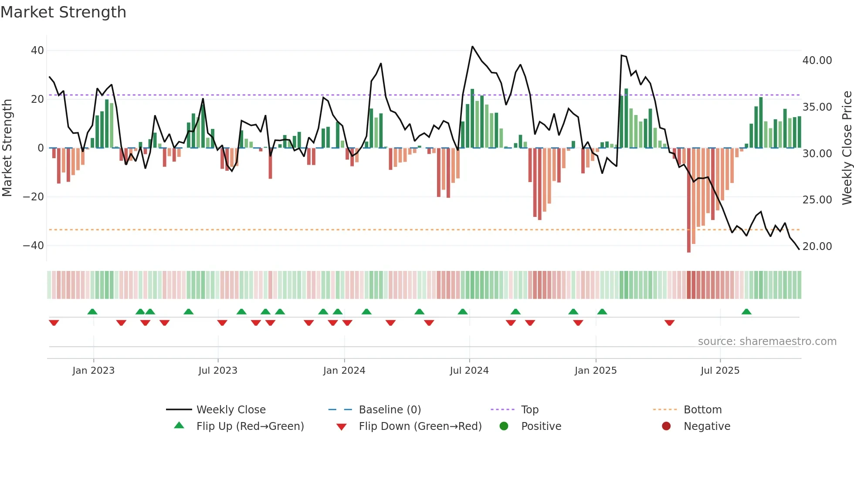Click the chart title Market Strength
[x=63, y=12]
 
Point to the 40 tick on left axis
[x=37, y=51]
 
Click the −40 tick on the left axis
[x=34, y=246]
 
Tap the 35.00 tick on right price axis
[x=817, y=107]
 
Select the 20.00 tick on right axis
[x=817, y=247]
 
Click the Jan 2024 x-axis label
[x=344, y=371]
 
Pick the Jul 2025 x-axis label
[x=720, y=371]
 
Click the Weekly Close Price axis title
[x=847, y=148]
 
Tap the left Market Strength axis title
[x=7, y=148]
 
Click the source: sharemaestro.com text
[x=767, y=341]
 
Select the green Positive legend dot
[x=504, y=426]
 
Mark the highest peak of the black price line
[x=472, y=47]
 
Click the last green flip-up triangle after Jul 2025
[x=746, y=312]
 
